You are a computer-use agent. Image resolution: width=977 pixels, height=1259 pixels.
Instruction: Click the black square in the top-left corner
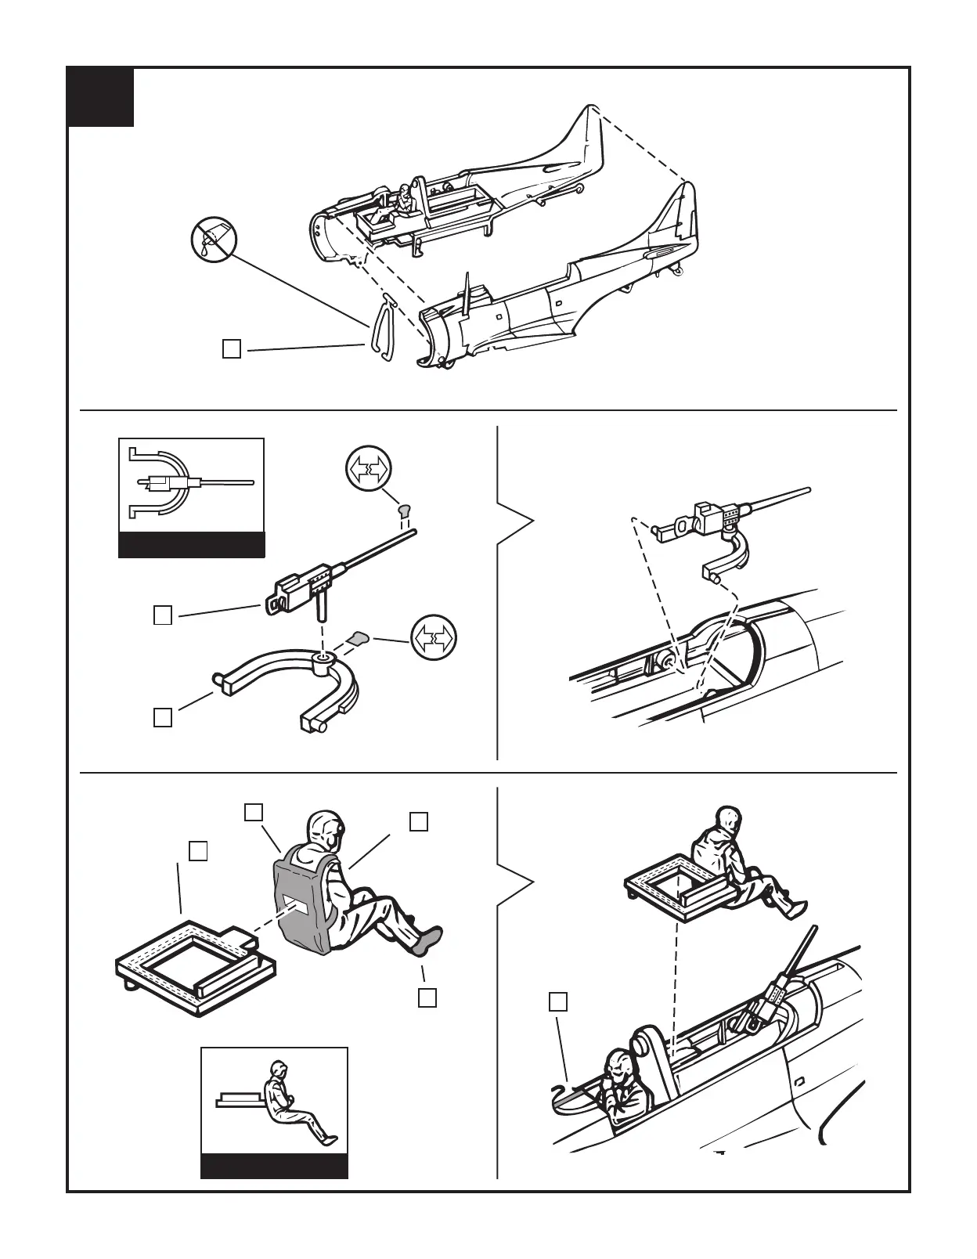(100, 97)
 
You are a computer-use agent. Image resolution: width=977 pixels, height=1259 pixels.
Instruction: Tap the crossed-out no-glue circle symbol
(214, 240)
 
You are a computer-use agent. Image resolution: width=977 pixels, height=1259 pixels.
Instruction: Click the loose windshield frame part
(380, 330)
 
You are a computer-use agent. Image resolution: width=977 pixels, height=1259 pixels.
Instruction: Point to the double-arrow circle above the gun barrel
(368, 471)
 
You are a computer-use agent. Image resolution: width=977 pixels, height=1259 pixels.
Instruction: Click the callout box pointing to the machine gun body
(163, 615)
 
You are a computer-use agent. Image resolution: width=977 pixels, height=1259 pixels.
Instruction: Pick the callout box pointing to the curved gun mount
(163, 717)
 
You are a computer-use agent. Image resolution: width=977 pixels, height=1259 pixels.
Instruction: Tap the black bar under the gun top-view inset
(191, 544)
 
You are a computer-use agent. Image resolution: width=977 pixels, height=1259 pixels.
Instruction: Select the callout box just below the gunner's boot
(427, 997)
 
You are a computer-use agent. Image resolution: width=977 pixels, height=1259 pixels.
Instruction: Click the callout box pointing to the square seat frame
(198, 851)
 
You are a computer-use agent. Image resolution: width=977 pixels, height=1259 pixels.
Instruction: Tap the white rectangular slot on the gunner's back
(296, 904)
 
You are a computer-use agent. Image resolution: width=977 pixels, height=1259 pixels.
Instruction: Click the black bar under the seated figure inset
(274, 1166)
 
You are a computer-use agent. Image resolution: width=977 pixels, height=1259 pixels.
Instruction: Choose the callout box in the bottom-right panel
(557, 1002)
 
